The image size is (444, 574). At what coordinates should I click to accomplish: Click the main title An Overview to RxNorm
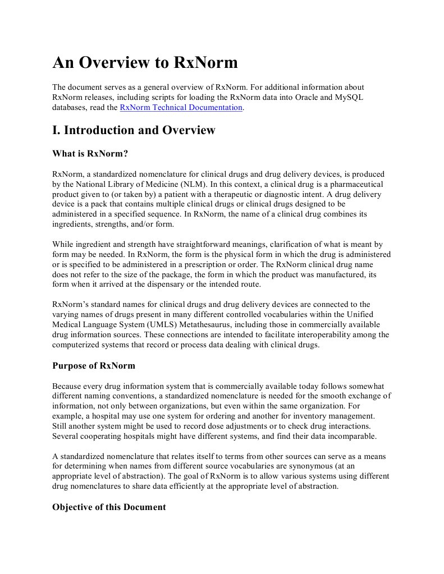[145, 63]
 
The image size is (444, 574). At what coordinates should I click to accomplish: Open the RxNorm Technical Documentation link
[181, 107]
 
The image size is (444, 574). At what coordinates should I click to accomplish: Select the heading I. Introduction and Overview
[134, 130]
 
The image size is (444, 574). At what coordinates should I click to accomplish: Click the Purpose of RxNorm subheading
[94, 365]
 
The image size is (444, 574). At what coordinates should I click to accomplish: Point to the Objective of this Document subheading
[109, 507]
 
